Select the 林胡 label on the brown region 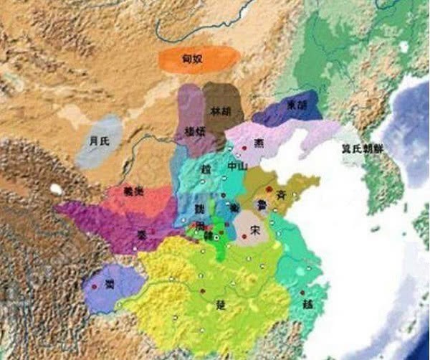220,112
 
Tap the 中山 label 237,166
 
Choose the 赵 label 206,169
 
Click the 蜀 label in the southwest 109,285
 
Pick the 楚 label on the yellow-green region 220,304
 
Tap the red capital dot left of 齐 269,189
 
